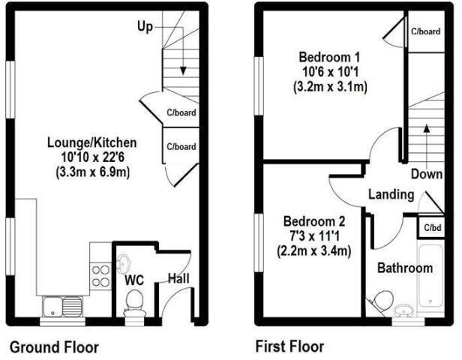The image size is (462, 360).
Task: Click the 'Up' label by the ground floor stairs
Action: pos(145,27)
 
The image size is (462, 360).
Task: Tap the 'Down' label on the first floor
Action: pos(425,174)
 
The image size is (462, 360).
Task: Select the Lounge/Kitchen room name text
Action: pos(91,142)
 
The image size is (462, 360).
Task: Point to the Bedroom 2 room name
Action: pos(314,222)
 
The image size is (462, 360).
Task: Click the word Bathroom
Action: pos(404,268)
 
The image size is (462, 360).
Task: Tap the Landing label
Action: pos(391,195)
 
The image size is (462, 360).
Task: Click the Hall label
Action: pos(178,279)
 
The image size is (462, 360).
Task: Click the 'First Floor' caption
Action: pos(289,346)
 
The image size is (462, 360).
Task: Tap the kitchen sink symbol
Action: pos(62,306)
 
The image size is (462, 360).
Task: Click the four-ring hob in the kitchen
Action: pos(100,277)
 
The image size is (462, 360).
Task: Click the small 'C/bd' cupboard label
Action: pos(432,227)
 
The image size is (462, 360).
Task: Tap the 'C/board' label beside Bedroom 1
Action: pos(425,31)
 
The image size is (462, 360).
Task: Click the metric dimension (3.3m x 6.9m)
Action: pos(91,171)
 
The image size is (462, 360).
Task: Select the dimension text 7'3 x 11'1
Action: pos(315,237)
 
